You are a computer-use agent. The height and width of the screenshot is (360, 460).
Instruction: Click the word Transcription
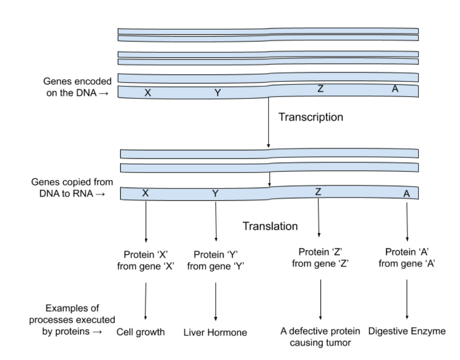tap(311, 117)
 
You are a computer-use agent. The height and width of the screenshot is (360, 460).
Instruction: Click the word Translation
tap(270, 226)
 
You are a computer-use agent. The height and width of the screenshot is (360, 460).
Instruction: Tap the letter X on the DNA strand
tap(148, 93)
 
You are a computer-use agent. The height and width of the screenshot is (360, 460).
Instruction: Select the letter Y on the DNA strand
tap(217, 93)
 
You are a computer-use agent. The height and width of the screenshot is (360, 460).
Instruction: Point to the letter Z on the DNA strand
tap(320, 89)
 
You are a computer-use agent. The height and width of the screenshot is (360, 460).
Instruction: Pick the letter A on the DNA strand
tap(395, 89)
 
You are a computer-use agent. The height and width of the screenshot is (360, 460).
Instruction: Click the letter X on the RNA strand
tap(146, 193)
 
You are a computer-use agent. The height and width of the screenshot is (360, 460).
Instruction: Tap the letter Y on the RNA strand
tap(215, 194)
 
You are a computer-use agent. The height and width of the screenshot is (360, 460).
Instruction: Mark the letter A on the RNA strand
tap(407, 194)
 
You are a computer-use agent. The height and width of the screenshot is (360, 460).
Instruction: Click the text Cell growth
tap(140, 332)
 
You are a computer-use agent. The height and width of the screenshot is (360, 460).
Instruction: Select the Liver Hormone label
tap(215, 333)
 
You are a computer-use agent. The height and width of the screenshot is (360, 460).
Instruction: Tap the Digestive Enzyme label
tap(407, 331)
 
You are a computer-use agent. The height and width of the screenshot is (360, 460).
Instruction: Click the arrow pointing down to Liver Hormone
tap(216, 302)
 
